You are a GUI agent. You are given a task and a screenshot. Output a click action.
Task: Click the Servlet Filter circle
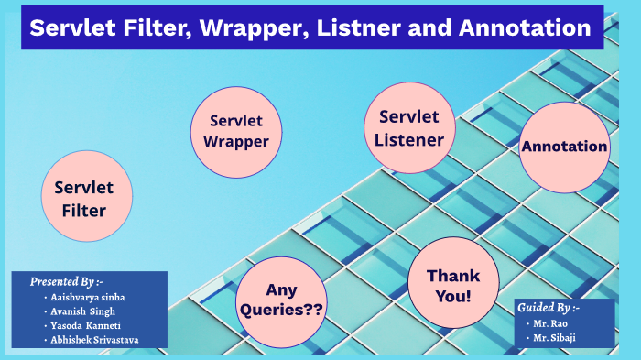(x=86, y=199)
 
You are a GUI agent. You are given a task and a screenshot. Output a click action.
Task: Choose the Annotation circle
(x=565, y=147)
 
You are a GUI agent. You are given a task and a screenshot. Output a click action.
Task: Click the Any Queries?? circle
(x=281, y=300)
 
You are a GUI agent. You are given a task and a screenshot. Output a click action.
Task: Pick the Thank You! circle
(x=452, y=286)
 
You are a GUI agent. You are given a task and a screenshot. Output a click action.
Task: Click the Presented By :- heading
(x=67, y=281)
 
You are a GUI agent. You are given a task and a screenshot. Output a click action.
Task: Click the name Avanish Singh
(x=85, y=311)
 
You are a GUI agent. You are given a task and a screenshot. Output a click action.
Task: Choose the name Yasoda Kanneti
(x=90, y=326)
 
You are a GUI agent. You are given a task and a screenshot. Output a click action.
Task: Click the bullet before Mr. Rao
(x=530, y=323)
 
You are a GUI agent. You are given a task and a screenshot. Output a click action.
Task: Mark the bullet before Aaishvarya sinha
(x=46, y=298)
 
